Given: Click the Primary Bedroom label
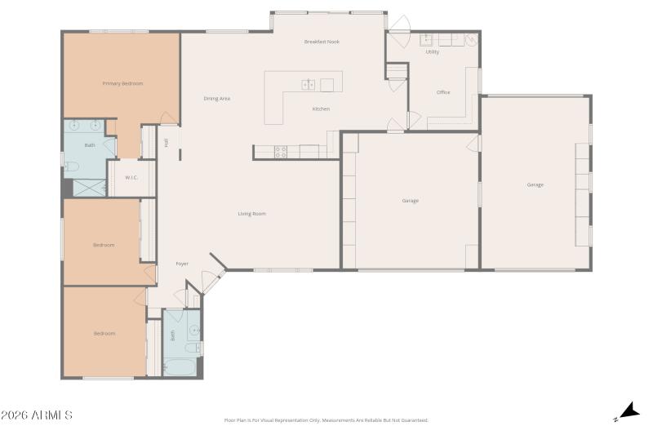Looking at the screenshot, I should [122, 83].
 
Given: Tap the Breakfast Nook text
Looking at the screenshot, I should [322, 41].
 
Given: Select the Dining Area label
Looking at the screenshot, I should [216, 99].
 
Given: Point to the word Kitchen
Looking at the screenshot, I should [321, 109].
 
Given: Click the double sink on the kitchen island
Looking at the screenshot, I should [309, 83].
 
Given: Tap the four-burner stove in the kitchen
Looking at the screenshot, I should [280, 151].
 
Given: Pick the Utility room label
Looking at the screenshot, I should [432, 51].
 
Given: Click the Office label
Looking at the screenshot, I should [443, 92].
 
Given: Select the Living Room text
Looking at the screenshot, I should [251, 214].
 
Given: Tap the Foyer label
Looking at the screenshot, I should [182, 264].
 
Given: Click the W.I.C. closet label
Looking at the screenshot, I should [131, 177].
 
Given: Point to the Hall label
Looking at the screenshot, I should [166, 142].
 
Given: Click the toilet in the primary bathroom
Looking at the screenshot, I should [71, 166].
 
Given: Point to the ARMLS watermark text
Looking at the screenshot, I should [37, 415].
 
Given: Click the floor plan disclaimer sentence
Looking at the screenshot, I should [326, 420].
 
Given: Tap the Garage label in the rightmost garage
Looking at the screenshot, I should [535, 184].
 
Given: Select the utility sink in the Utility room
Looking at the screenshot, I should [427, 38].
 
